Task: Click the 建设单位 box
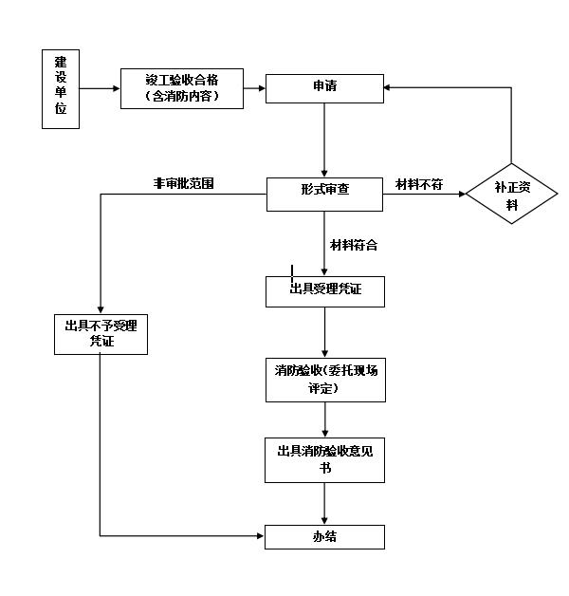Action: click(x=61, y=88)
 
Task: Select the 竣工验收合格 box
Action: click(x=182, y=88)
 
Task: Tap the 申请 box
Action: click(x=324, y=87)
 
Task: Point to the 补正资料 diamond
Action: click(x=512, y=194)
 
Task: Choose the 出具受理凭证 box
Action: click(x=324, y=290)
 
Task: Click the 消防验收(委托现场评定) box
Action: click(x=324, y=380)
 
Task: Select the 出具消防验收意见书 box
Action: click(x=324, y=459)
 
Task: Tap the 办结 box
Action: click(x=324, y=536)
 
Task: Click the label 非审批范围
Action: click(x=183, y=183)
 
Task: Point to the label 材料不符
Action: click(x=419, y=184)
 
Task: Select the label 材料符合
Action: click(x=354, y=245)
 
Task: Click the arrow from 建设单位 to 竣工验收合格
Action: click(x=100, y=88)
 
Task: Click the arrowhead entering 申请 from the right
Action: click(x=389, y=88)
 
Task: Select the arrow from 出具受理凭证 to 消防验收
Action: click(x=325, y=331)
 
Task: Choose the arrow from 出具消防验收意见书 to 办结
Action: click(x=325, y=503)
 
